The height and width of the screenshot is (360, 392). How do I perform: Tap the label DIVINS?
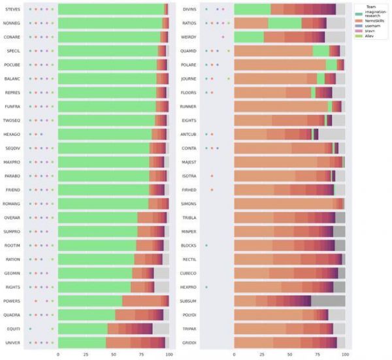point(189,9)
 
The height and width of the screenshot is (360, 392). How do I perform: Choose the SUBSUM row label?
point(189,301)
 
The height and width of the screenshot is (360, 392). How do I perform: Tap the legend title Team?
point(370,6)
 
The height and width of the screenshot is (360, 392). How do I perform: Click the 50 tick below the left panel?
point(114,355)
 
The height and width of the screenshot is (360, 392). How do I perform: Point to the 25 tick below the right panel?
point(262,355)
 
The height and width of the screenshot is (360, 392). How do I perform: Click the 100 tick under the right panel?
point(345,355)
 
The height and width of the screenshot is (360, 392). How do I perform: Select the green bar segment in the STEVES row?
point(111,9)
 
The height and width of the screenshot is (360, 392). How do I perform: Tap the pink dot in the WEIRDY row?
point(223,37)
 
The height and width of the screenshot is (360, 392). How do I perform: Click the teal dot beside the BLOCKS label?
point(206,245)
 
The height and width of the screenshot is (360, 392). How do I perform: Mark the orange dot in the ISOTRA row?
point(212,176)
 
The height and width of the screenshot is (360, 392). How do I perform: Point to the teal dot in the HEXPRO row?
point(206,287)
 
